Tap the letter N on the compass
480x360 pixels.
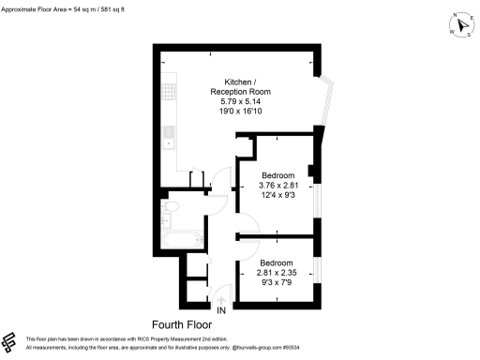(456, 16)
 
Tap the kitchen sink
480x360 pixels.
(168, 139)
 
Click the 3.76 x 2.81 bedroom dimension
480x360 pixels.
(278, 186)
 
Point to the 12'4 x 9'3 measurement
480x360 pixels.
(278, 196)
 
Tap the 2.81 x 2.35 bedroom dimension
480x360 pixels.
(278, 272)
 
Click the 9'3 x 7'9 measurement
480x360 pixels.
(278, 282)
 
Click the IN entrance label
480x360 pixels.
(221, 310)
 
